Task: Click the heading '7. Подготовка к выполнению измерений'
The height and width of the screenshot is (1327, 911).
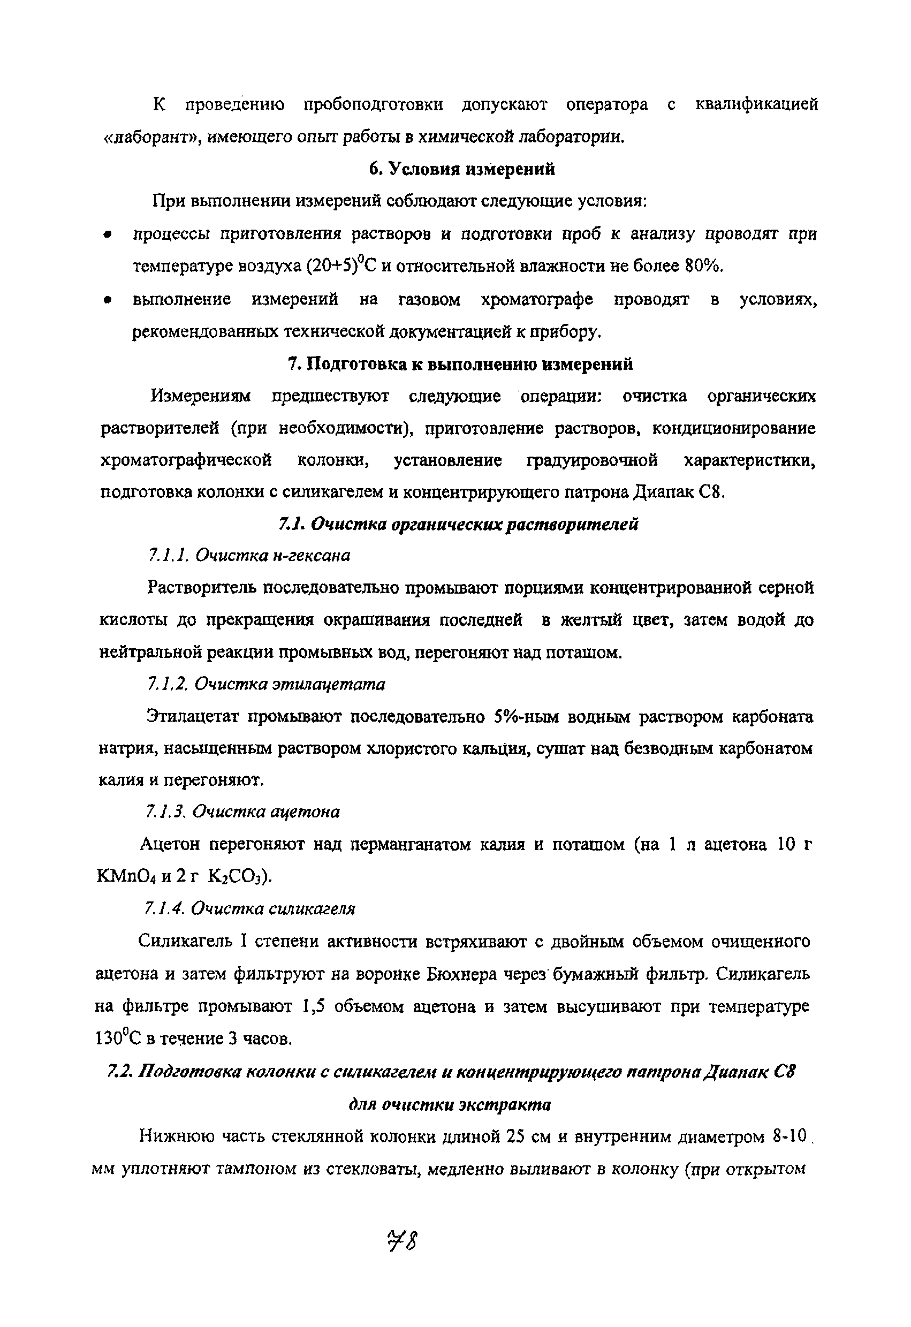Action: [460, 363]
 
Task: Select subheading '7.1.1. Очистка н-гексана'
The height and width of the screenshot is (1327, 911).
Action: [249, 555]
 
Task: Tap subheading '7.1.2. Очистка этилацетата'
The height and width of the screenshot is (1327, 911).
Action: [266, 684]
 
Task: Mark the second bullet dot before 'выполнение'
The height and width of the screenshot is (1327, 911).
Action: [106, 300]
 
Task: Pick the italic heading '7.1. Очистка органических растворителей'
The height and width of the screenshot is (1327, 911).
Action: [458, 524]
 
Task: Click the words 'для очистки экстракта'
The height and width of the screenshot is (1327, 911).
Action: [450, 1105]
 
